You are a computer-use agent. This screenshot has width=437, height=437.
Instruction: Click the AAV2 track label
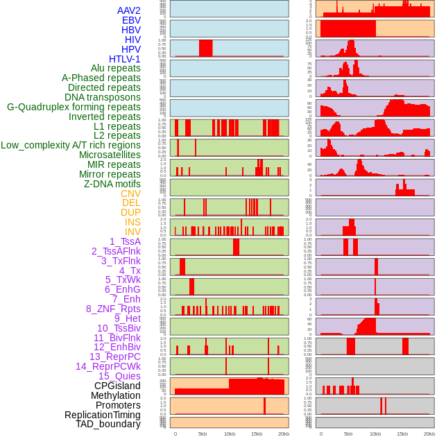point(128,10)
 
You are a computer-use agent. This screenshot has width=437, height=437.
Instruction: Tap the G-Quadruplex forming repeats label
point(74,107)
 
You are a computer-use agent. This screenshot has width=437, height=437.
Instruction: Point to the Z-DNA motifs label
point(112,184)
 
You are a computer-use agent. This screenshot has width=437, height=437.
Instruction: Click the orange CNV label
point(130,194)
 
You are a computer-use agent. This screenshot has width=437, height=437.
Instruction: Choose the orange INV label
point(132,232)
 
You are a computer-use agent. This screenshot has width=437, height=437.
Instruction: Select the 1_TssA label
point(125,241)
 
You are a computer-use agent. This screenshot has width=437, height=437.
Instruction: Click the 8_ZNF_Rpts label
point(113,309)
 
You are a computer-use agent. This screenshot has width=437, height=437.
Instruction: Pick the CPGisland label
point(117,386)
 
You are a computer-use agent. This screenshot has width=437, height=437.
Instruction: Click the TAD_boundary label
point(108,424)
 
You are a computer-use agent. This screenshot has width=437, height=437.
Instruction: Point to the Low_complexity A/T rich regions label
point(71,145)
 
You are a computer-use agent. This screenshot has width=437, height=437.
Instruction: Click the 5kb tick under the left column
point(203,434)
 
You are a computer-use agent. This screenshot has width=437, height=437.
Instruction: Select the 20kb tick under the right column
point(429,434)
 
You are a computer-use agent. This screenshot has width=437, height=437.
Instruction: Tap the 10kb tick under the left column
point(230,434)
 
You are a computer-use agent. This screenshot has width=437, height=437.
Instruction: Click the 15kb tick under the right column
point(402,434)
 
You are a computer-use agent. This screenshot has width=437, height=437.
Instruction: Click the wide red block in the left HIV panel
point(205,48)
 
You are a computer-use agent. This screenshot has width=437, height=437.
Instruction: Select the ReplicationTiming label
point(102,415)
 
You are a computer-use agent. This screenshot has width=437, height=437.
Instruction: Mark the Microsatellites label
point(110,155)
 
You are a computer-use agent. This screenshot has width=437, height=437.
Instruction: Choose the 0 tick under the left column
point(175,434)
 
